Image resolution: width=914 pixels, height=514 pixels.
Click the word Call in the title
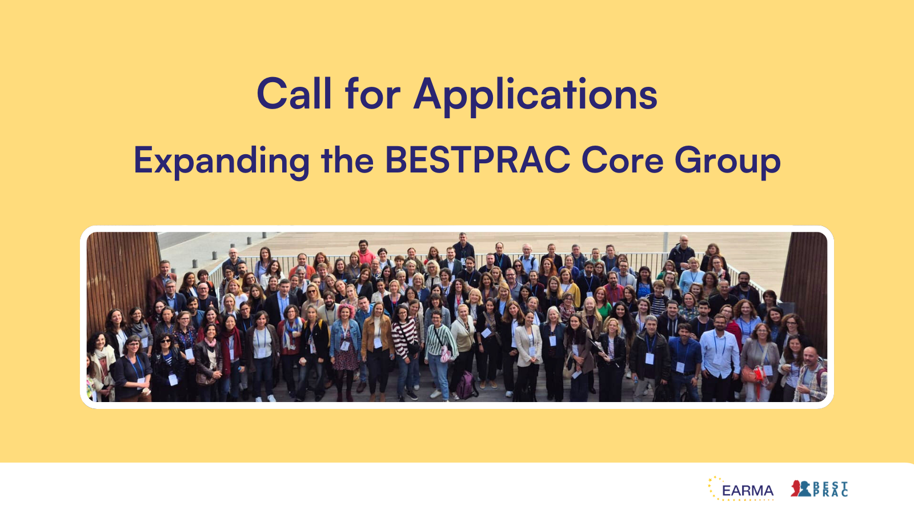coord(294,94)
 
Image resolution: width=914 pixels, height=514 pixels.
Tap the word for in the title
coord(372,94)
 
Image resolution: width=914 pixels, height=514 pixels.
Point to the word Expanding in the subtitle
coord(221,160)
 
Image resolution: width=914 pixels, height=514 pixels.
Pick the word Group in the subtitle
coord(727,161)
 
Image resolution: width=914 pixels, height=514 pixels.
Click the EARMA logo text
coord(747,491)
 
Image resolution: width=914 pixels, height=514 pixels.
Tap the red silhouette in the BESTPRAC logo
coord(796,488)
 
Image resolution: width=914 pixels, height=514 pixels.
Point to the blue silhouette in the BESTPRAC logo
coord(805,489)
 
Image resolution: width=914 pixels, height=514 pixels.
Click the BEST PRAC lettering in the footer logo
coord(831,489)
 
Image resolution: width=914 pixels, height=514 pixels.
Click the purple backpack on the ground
coord(466,385)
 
